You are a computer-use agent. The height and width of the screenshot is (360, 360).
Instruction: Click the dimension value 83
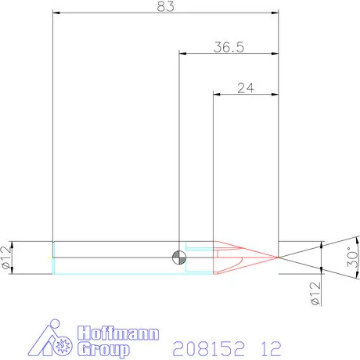[165, 6]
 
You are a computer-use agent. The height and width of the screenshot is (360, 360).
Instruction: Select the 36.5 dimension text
[229, 47]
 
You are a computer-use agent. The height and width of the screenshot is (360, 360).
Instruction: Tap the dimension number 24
[246, 88]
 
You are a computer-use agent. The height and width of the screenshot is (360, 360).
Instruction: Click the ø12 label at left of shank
[6, 257]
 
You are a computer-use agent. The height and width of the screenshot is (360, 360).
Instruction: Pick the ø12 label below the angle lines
[315, 293]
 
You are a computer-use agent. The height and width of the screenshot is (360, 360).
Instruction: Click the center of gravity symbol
[180, 257]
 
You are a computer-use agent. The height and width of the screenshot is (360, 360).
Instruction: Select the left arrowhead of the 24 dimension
[216, 95]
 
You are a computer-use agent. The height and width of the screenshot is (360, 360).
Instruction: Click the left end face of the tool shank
[52, 257]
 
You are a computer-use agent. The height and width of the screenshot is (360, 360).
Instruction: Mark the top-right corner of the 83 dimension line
[279, 13]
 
